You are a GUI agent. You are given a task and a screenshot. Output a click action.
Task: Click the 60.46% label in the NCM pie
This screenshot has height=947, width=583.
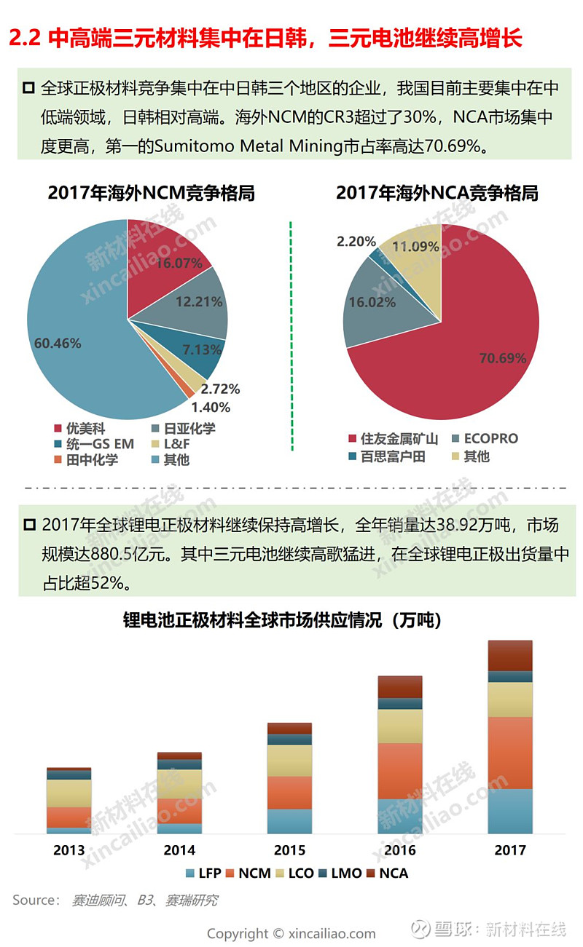pos(57,343)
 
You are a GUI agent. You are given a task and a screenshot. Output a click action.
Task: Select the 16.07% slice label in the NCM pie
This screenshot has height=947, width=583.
pos(179,264)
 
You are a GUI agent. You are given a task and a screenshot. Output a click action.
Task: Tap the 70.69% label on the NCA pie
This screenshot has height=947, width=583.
pos(503,357)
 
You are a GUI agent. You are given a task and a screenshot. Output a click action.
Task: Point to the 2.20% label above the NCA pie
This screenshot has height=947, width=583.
pos(356,242)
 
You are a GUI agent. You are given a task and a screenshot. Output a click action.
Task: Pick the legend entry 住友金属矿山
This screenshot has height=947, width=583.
pos(394,438)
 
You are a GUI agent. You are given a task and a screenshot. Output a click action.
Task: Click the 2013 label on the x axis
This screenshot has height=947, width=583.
pos(69,849)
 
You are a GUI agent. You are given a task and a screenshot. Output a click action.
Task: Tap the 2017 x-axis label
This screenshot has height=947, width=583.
pos(509,849)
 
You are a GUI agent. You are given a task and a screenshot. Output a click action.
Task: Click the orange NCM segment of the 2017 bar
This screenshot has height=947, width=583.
pos(509,753)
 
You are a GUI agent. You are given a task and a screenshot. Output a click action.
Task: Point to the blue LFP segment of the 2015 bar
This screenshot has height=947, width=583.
pos(289,821)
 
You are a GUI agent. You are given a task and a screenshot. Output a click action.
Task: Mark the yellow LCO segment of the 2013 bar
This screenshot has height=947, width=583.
pos(69,793)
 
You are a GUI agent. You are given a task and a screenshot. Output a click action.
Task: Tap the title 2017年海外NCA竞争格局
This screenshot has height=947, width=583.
pos(437,193)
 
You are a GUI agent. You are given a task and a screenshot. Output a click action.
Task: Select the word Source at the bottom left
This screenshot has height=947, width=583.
pos(35,900)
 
